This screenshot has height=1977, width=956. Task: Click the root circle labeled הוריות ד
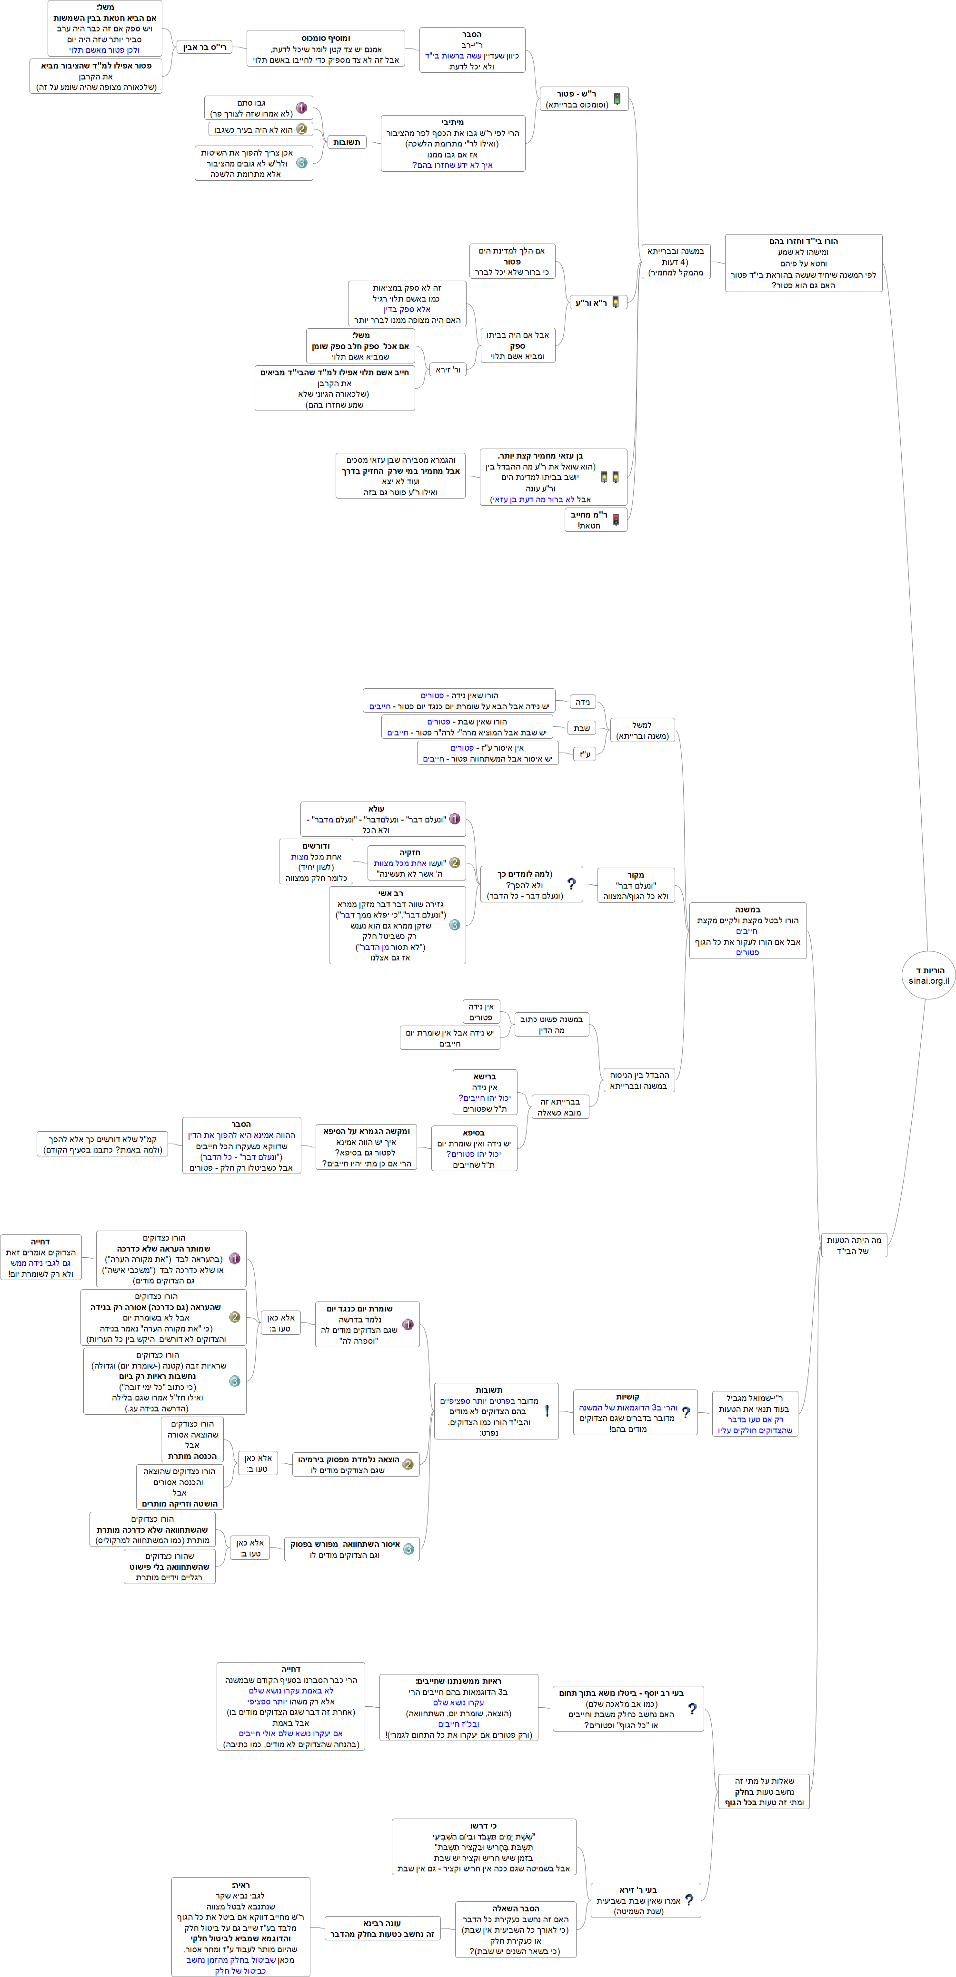928,975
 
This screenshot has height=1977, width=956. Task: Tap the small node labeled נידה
583,702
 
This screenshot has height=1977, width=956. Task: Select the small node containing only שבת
582,727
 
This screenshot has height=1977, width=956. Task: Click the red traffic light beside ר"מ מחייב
616,519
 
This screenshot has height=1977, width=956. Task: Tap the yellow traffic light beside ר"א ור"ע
615,303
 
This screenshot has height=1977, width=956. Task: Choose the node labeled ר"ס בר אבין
204,48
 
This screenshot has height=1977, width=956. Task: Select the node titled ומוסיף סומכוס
326,49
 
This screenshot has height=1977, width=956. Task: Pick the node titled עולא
382,819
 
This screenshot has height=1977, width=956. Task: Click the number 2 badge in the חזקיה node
455,862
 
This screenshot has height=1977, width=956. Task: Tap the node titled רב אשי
397,925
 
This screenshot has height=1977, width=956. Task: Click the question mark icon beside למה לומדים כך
571,883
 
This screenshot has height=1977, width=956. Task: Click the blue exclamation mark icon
547,1410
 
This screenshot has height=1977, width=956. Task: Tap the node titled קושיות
635,1412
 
